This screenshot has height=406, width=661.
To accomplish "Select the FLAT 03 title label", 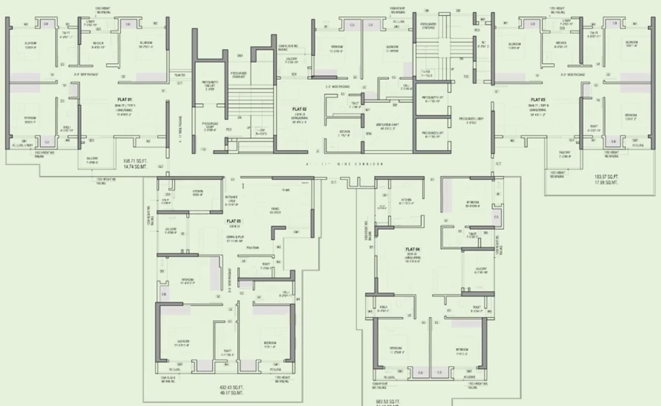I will (x=538, y=100).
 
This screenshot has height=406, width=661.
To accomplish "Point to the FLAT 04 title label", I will (x=412, y=249).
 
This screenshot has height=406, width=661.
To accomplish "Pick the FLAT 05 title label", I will (x=233, y=221).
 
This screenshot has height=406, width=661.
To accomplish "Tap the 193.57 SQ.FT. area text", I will (x=607, y=177).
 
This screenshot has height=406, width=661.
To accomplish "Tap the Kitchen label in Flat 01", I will (x=99, y=43).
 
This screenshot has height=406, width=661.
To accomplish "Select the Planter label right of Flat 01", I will (x=180, y=75).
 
